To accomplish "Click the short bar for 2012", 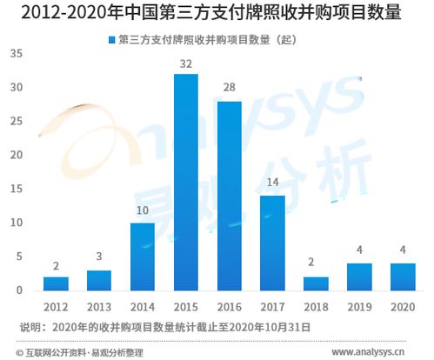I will click(56, 283).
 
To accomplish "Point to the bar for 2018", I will click(317, 283).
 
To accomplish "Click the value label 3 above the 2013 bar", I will click(99, 258).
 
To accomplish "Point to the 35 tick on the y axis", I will click(17, 54).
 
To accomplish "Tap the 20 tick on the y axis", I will click(17, 155).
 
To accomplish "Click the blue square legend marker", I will click(110, 40).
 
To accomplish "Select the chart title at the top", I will click(217, 12).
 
